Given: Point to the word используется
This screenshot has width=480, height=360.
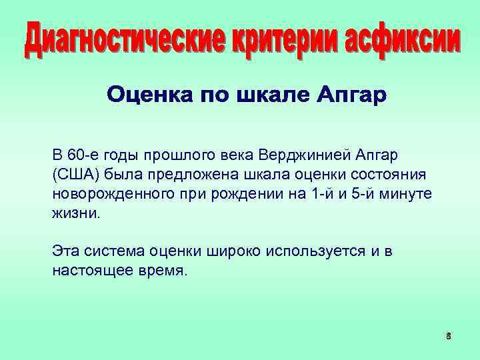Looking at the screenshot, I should [312, 252].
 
